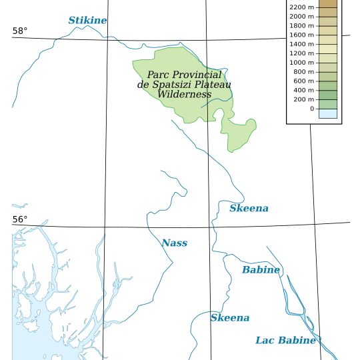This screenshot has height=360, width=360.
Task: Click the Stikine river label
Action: [87, 21]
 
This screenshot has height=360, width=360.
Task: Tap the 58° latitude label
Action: [20, 31]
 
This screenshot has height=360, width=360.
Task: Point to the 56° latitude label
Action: [20, 220]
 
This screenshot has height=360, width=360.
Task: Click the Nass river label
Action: [174, 243]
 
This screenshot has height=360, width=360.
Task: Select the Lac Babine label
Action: [285, 341]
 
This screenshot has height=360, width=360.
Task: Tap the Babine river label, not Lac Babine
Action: [261, 270]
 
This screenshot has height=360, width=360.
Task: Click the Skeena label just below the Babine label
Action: [230, 318]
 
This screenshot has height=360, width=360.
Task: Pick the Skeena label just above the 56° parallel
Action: [249, 209]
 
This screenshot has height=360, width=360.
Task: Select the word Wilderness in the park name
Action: [184, 95]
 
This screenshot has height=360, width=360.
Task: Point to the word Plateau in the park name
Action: [213, 85]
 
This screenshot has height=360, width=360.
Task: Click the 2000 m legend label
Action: [301, 16]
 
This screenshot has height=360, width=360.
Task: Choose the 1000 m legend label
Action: [301, 63]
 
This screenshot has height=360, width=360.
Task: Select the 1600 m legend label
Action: [301, 35]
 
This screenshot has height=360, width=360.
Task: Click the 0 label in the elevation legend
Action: [311, 109]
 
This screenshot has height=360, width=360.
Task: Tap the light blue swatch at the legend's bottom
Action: [328, 113]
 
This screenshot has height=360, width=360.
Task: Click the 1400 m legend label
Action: [301, 44]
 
